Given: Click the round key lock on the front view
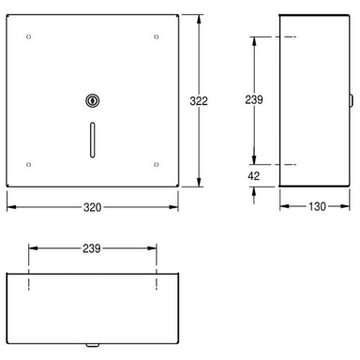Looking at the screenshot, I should (90, 99).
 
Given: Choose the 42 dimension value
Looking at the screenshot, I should (254, 175).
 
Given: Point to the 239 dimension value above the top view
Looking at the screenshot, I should (90, 249).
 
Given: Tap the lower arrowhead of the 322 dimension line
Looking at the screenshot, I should (197, 184).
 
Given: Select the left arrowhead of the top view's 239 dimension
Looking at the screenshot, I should (32, 249).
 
